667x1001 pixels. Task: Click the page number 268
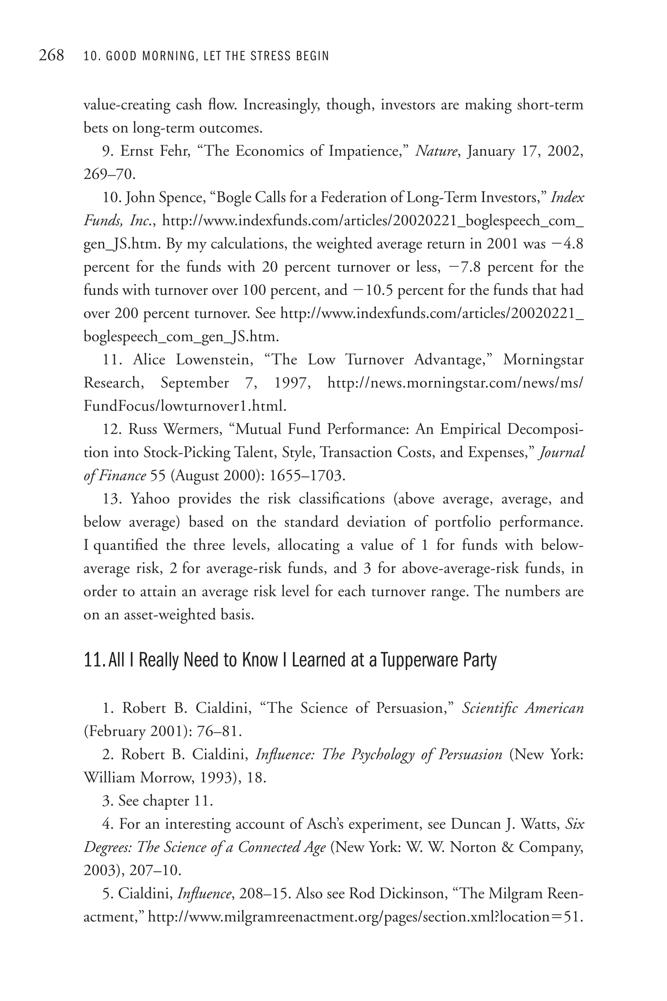pyautogui.click(x=51, y=55)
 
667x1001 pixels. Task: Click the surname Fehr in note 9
pyautogui.click(x=174, y=151)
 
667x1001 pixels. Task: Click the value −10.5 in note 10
pyautogui.click(x=373, y=290)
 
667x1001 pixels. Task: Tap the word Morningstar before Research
pyautogui.click(x=543, y=360)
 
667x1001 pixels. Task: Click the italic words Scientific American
pyautogui.click(x=523, y=708)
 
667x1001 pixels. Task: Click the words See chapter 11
pyautogui.click(x=165, y=801)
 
